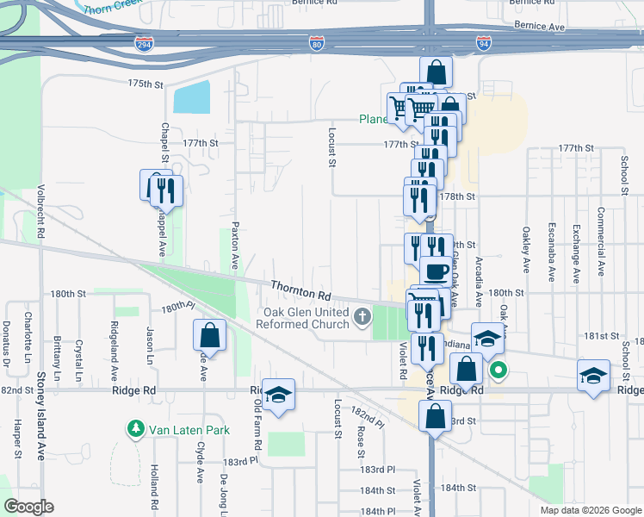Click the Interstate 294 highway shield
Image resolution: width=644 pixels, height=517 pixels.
[145, 43]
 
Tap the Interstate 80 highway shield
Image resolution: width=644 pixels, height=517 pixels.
[317, 43]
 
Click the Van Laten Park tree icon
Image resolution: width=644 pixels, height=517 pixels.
[134, 427]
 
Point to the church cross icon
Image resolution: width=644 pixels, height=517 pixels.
[363, 318]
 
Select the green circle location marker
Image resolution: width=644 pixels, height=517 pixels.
[498, 372]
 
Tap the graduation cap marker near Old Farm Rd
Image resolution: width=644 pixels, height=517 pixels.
[278, 395]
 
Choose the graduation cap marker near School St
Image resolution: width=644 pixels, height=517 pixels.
[592, 376]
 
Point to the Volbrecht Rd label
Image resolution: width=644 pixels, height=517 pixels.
[40, 209]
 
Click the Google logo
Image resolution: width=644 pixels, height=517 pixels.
[28, 507]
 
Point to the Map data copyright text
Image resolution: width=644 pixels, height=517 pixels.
[590, 510]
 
